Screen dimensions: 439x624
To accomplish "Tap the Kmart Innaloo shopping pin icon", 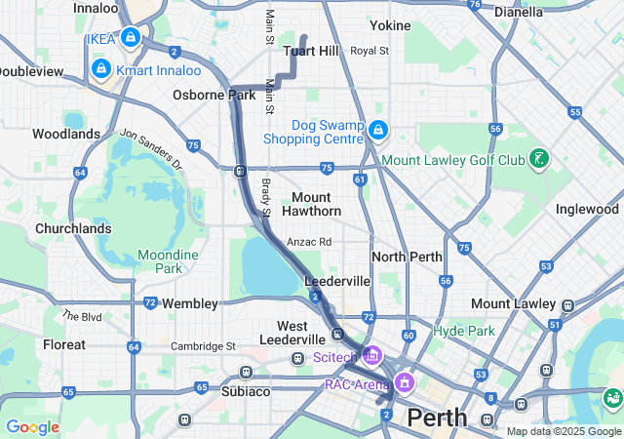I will tap(100, 69).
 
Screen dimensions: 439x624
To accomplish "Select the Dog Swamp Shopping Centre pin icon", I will tap(378, 130).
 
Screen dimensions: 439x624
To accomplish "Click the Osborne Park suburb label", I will tap(214, 95).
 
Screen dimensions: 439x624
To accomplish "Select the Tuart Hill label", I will tap(310, 51).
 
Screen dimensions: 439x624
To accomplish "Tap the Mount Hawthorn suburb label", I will tap(312, 204).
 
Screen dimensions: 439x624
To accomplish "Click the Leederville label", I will tap(337, 281).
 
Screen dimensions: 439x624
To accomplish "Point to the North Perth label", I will tap(407, 257).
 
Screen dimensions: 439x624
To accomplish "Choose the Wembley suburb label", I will tap(189, 303).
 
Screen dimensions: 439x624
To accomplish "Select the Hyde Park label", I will tap(465, 331).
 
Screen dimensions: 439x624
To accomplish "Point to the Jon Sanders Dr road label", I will tap(151, 149).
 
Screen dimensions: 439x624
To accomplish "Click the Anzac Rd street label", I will tap(309, 242).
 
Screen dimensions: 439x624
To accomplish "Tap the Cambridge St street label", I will tap(204, 345).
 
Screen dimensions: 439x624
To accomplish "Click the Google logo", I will tap(31, 426).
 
